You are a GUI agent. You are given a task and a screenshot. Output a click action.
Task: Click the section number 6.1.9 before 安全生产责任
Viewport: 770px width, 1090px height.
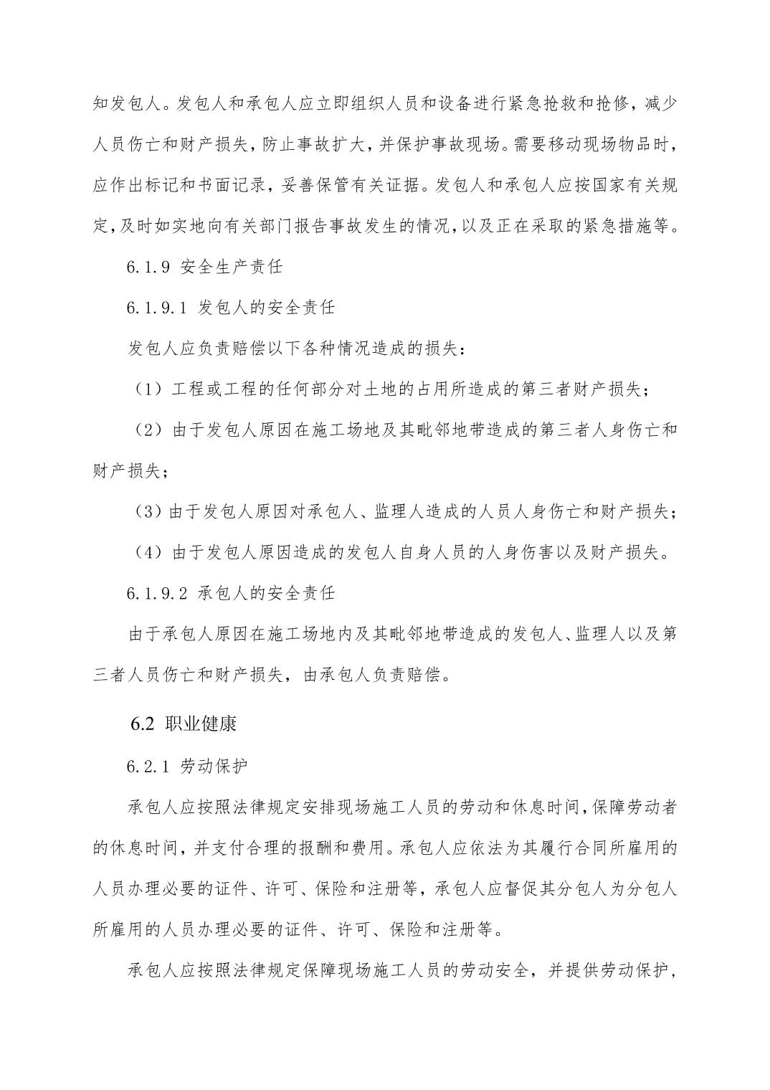coord(148,267)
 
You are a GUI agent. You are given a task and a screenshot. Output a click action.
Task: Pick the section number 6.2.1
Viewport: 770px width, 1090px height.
coord(148,767)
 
